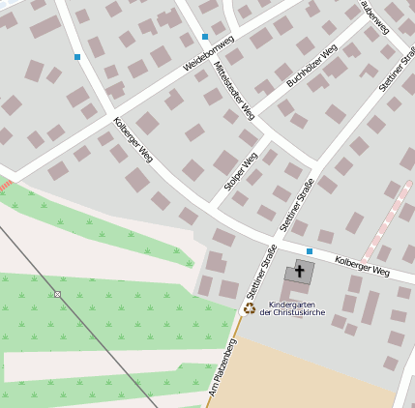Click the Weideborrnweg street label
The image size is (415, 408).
[x=208, y=54]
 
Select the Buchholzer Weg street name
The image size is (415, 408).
[x=311, y=66]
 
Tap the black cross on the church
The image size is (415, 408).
[x=300, y=272]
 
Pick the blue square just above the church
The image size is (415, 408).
[x=310, y=251]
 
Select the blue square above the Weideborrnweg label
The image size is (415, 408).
[x=205, y=37]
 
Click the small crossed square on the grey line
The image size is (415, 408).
[x=57, y=294]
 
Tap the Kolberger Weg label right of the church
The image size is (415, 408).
[x=362, y=266]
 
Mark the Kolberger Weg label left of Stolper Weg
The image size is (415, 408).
[x=133, y=138]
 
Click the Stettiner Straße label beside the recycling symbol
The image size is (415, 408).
[x=260, y=272]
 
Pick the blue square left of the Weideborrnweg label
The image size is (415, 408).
[x=77, y=57]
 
